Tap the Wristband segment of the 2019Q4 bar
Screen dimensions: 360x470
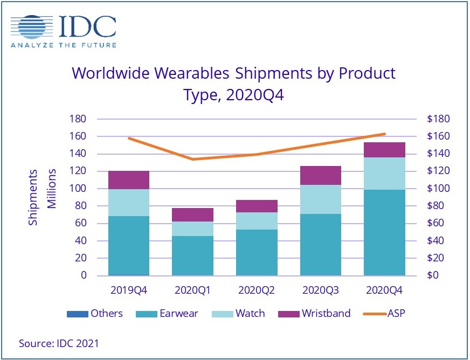point(129,180)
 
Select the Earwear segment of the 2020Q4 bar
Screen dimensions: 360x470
point(385,232)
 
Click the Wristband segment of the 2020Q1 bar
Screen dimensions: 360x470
point(193,214)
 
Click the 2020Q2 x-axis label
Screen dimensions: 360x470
point(257,290)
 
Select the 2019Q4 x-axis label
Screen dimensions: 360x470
point(129,290)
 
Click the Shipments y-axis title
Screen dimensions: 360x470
point(34,197)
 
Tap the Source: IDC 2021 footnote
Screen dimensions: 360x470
point(59,343)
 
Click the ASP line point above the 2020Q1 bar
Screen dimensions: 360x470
point(193,159)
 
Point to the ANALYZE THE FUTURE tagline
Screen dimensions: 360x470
point(63,45)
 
